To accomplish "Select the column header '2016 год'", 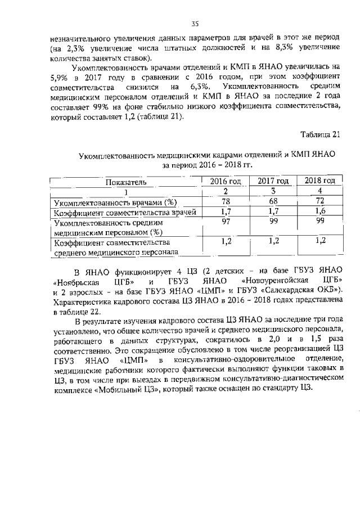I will pos(226,181).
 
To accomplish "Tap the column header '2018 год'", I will pos(320,181).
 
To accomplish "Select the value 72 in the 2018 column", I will pos(320,201).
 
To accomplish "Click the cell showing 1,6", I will pos(320,211).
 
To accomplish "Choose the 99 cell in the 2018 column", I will pos(320,222).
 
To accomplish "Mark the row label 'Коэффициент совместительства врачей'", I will pos(124,213).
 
